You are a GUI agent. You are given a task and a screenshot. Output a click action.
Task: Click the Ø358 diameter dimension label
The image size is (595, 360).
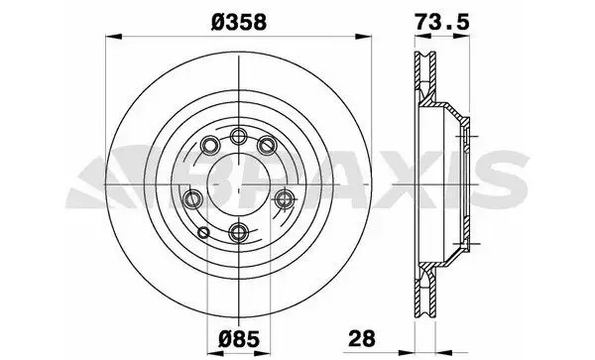239,23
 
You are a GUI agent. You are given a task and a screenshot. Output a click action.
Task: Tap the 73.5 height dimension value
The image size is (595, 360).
442,22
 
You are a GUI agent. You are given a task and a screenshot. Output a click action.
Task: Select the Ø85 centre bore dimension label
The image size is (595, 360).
240,339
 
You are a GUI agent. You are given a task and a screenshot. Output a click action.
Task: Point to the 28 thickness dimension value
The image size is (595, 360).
362,338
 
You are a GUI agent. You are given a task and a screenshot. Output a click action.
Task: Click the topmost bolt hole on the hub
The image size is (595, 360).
238,136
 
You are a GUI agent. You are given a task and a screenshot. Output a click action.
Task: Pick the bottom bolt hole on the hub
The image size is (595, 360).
238,231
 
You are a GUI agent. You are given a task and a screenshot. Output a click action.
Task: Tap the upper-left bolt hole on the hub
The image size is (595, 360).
210,145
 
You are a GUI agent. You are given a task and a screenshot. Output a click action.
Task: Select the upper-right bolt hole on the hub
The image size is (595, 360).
267,145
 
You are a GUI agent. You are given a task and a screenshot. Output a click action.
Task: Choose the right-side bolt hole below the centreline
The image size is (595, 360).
284,198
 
